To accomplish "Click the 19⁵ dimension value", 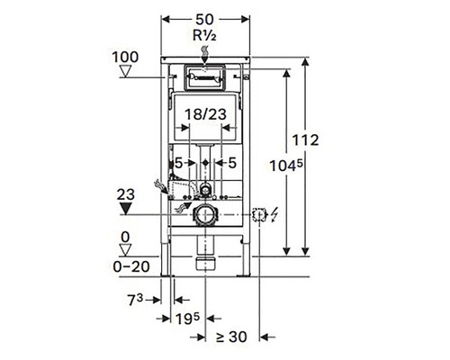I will [x=188, y=319].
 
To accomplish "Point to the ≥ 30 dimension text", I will [x=231, y=337].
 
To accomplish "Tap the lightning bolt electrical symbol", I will [x=272, y=215].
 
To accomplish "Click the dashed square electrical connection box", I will [x=259, y=215].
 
